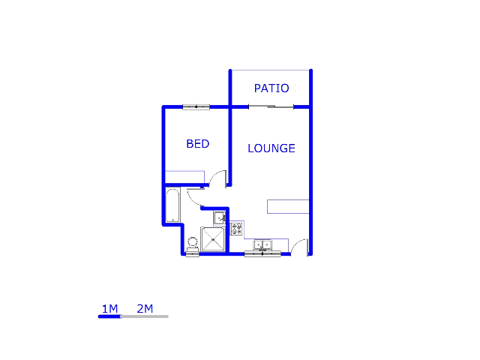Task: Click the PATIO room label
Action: pyautogui.click(x=271, y=88)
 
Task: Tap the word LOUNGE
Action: pyautogui.click(x=271, y=148)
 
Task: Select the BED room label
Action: pyautogui.click(x=198, y=144)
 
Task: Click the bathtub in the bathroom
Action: pyautogui.click(x=172, y=205)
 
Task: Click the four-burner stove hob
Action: pyautogui.click(x=237, y=228)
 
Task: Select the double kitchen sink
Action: pyautogui.click(x=262, y=244)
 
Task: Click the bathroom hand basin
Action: pyautogui.click(x=220, y=218)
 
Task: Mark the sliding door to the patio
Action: pyautogui.click(x=271, y=107)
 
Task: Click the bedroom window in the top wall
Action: pyautogui.click(x=196, y=107)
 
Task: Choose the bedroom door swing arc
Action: pyautogui.click(x=217, y=178)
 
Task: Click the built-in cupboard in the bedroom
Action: pyautogui.click(x=184, y=177)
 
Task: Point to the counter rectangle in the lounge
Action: pyautogui.click(x=288, y=206)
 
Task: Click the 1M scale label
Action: pyautogui.click(x=109, y=308)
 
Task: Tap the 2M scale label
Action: pyautogui.click(x=145, y=308)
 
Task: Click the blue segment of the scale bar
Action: pyautogui.click(x=109, y=316)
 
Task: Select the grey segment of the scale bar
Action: pyautogui.click(x=144, y=316)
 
